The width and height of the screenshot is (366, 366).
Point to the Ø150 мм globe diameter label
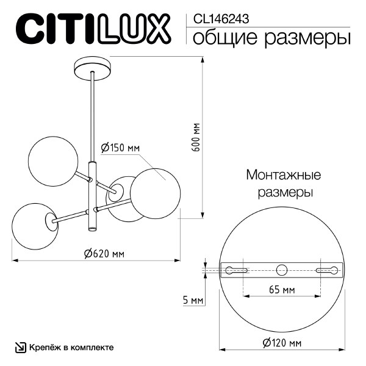point(120,148)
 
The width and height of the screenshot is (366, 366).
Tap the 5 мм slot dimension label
point(193,301)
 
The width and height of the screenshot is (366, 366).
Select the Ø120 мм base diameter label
point(282,343)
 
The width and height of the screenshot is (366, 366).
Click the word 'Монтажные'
point(284,176)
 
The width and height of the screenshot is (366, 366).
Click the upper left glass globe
point(53,159)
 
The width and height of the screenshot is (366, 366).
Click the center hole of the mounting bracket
point(282,270)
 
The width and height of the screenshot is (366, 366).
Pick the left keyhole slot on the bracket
point(237,270)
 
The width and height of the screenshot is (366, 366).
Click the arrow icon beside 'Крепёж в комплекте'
point(20,348)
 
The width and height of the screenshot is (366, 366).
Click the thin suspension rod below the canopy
point(93,116)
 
